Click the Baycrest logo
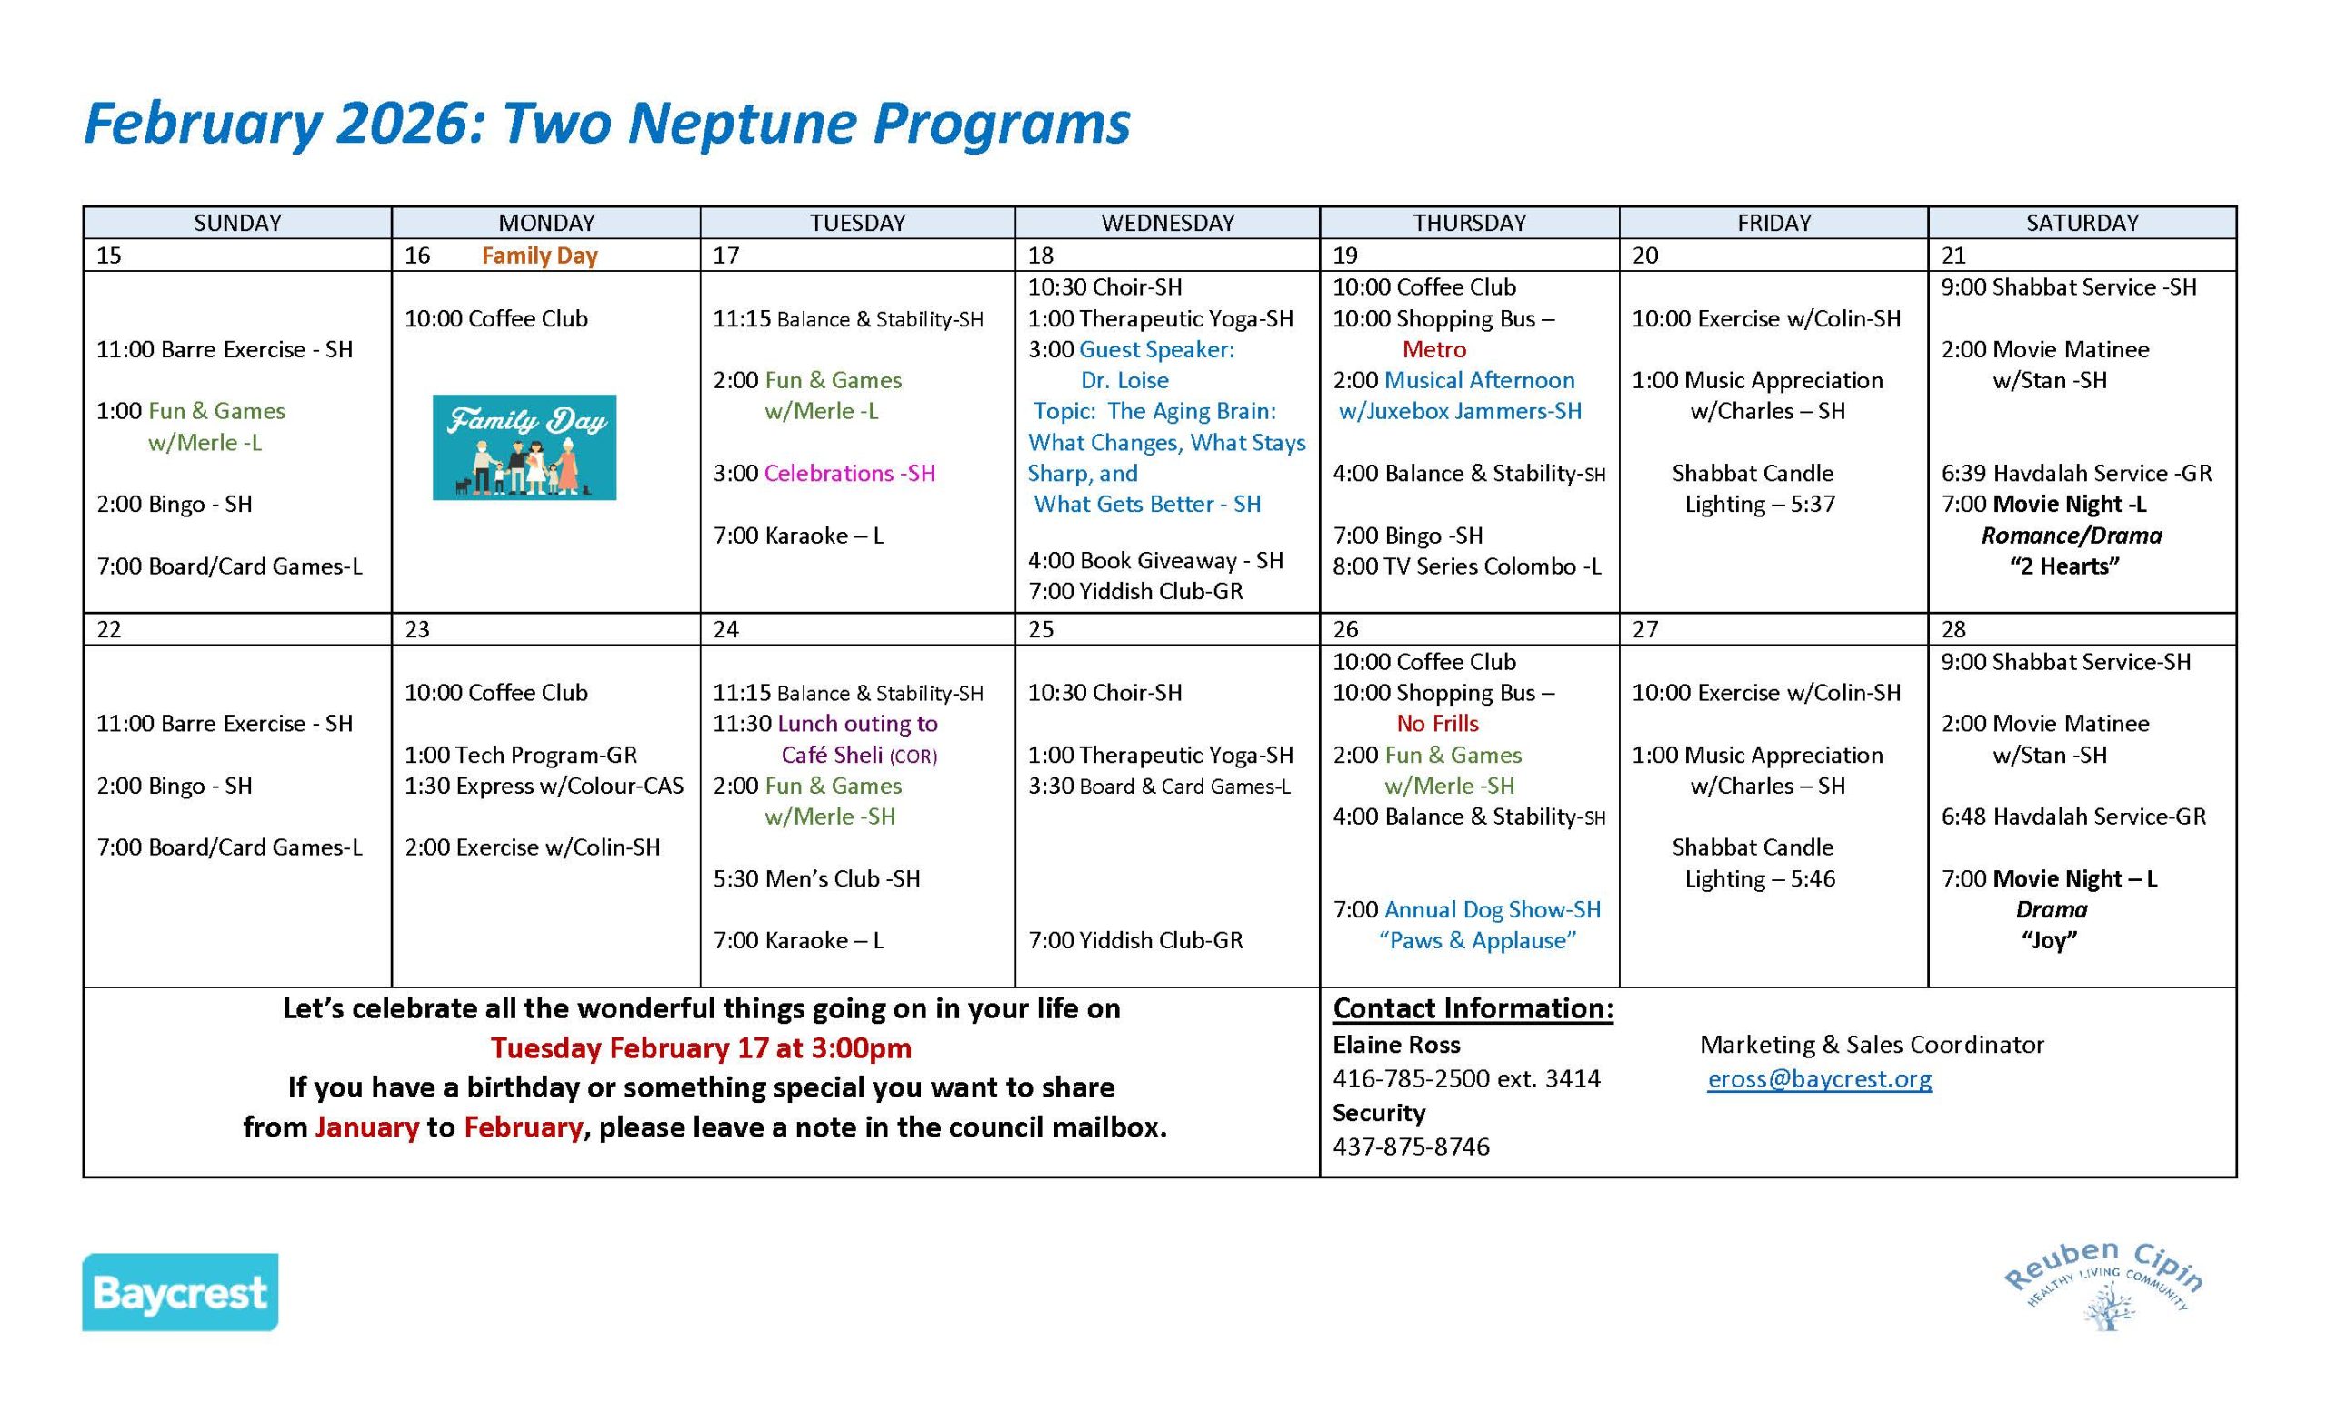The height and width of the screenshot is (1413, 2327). tap(179, 1291)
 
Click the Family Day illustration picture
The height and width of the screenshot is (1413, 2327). tap(524, 446)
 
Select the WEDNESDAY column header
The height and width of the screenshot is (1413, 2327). tap(1167, 223)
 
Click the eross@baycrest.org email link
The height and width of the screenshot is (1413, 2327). tap(1819, 1078)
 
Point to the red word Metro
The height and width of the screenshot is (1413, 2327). tap(1433, 349)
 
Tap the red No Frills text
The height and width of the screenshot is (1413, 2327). tap(1437, 724)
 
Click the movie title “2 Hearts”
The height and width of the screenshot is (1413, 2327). tap(2063, 566)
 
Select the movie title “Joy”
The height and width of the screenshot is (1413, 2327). tap(2050, 941)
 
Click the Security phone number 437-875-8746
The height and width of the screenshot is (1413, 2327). tap(1411, 1147)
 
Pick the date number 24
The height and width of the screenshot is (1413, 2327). tap(725, 630)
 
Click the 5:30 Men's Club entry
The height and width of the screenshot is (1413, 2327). tap(816, 878)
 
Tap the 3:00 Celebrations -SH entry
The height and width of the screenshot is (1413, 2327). tap(824, 473)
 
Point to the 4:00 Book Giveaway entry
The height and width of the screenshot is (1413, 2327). tap(1155, 561)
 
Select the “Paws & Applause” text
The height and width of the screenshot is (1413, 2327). tap(1477, 941)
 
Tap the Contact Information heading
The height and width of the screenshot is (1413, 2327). tap(1473, 1008)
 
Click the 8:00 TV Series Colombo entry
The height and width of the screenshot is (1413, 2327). tap(1467, 566)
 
